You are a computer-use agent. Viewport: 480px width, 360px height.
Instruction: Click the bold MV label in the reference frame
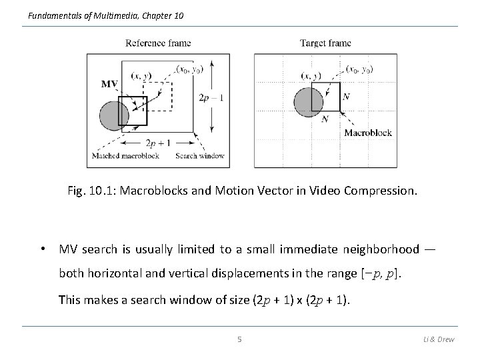[110, 84]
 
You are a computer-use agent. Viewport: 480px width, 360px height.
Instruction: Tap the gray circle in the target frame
[308, 101]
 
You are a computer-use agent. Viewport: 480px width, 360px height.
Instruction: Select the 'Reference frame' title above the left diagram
[158, 43]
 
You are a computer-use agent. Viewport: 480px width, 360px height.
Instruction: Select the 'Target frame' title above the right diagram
[325, 43]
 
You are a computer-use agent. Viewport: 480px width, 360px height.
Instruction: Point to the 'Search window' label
[199, 156]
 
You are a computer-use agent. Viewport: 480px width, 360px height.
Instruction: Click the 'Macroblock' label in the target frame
[368, 133]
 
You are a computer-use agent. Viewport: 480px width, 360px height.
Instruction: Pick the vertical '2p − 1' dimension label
[211, 98]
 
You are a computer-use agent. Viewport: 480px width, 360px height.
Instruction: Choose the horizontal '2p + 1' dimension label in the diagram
[159, 143]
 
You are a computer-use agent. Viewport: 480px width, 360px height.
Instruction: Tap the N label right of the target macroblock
[345, 97]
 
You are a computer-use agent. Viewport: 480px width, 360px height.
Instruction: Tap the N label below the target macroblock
[325, 119]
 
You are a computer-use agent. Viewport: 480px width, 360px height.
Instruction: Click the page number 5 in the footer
[240, 339]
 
